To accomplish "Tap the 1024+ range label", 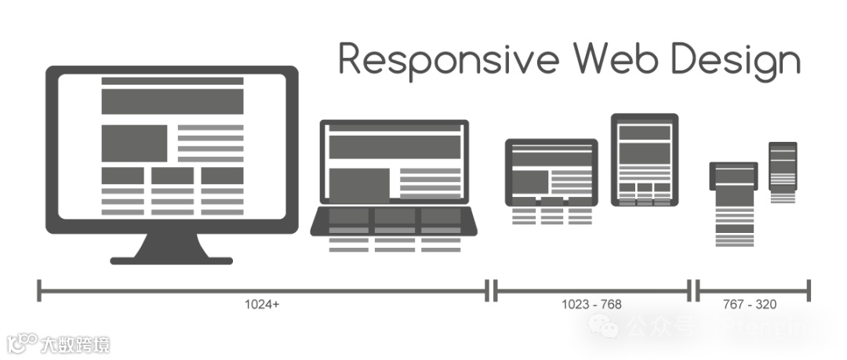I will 262,304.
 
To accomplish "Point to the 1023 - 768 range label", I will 591,304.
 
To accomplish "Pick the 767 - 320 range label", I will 750,304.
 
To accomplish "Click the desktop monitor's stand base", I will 172,260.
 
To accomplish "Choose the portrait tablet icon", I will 645,160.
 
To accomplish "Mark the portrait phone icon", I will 783,165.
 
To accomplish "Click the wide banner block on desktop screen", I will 173,101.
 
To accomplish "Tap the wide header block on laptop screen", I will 394,146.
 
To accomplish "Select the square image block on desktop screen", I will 134,143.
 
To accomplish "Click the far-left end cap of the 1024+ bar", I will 39,291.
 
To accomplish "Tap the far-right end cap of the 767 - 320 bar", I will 809,291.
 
